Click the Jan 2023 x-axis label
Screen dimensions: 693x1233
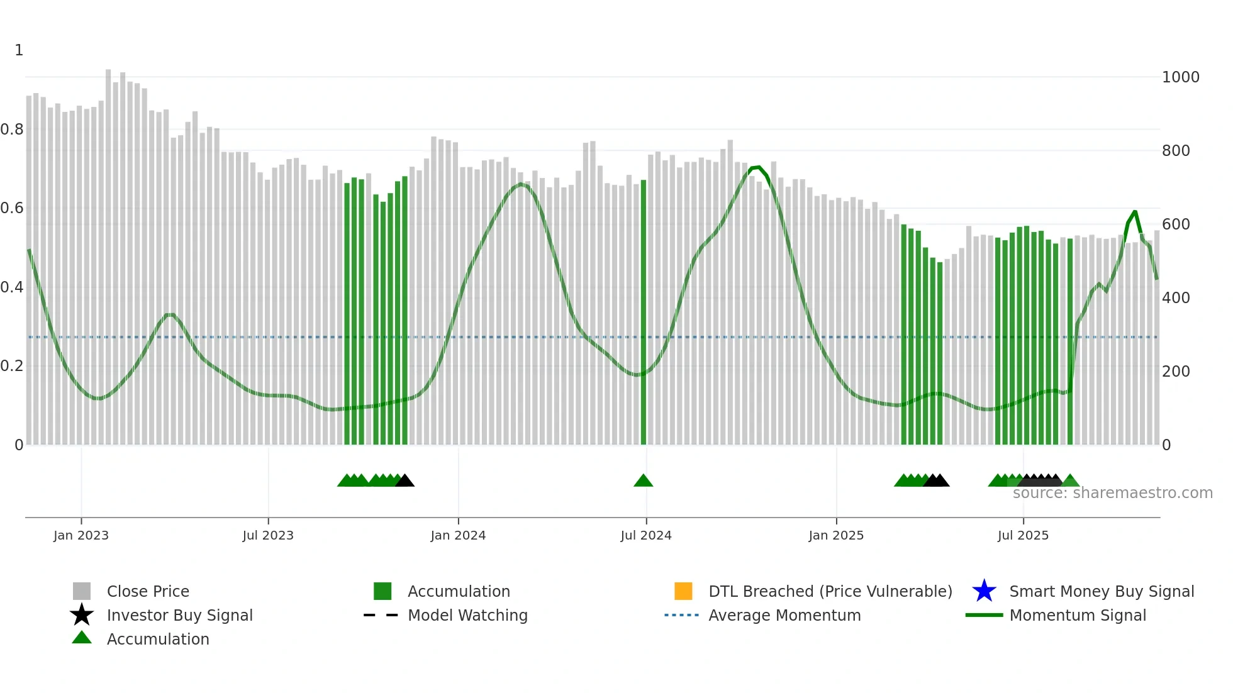(81, 535)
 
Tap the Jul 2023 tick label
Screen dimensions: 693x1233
(268, 535)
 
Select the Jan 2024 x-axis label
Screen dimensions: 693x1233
(458, 535)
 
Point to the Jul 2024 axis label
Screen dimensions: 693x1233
(646, 535)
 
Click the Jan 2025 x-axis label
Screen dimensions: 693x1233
(836, 535)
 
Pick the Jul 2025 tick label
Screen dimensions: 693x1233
(1023, 535)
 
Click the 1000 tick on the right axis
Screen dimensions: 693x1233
(1180, 77)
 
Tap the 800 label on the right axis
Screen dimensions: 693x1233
(1176, 151)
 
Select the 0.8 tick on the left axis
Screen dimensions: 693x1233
(12, 130)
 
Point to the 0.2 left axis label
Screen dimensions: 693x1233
(12, 366)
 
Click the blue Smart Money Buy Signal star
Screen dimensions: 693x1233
(984, 591)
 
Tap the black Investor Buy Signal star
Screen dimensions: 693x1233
(82, 615)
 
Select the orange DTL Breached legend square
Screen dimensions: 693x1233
(683, 591)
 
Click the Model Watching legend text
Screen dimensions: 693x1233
(467, 615)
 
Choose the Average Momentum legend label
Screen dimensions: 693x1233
(784, 615)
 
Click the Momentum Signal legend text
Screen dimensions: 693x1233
(1078, 615)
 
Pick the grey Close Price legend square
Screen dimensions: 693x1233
(82, 591)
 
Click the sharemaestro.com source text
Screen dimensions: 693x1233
(1112, 493)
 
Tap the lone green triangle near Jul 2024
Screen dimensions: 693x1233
(643, 481)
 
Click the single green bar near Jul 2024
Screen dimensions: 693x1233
(644, 314)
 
